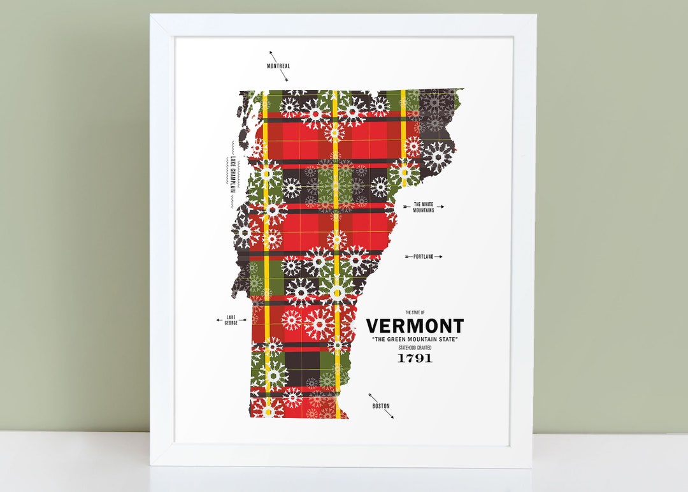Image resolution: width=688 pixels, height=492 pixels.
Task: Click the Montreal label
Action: tap(278, 66)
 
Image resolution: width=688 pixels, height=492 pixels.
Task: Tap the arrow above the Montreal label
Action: tap(272, 55)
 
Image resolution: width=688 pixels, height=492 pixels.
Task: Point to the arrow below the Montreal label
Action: tap(284, 77)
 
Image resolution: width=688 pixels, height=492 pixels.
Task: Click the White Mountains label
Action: tap(424, 206)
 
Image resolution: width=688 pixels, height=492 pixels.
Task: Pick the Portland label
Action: tap(424, 256)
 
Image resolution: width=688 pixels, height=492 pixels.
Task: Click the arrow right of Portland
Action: tap(438, 256)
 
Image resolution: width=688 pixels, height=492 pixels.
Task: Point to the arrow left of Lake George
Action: tap(219, 319)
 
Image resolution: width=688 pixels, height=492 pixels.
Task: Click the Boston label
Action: tap(381, 405)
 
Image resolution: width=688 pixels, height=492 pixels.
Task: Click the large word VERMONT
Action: tap(415, 326)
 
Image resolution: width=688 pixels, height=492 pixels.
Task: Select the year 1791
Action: tap(415, 358)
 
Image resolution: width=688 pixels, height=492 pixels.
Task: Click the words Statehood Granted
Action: tap(415, 347)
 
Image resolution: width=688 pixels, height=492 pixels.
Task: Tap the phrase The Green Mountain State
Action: tap(415, 339)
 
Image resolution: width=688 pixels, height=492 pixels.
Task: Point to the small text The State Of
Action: tap(415, 312)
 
